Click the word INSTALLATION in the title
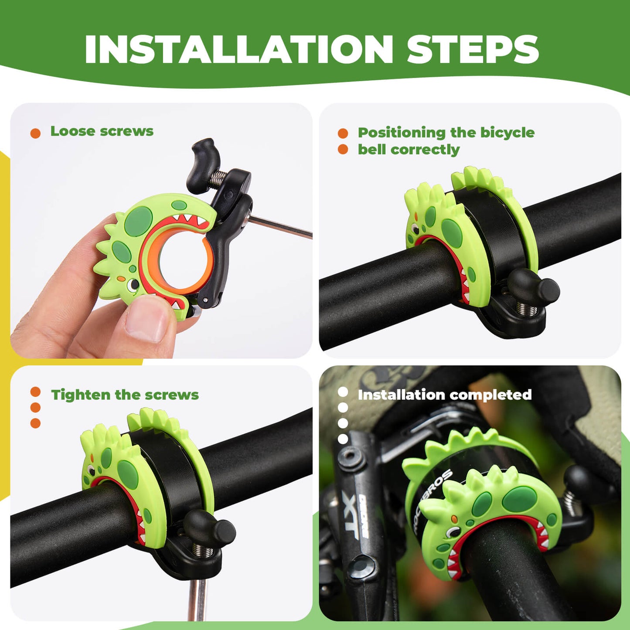(x=239, y=49)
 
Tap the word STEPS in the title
(x=473, y=49)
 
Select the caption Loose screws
(x=102, y=131)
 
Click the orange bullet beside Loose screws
(x=35, y=133)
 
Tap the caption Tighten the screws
(x=125, y=395)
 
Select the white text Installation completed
(x=444, y=395)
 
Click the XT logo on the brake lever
(x=351, y=517)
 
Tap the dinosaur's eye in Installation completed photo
(x=453, y=531)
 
